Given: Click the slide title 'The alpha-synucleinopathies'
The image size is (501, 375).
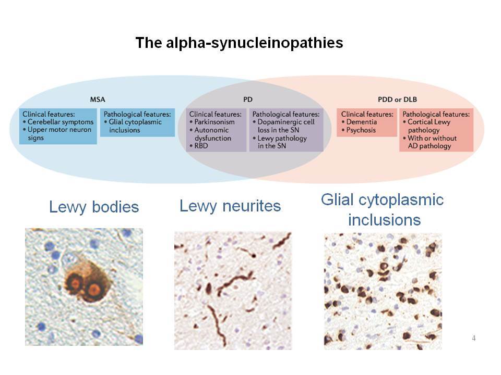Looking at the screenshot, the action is [x=239, y=43].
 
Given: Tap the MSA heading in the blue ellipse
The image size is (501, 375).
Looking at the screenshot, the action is [x=98, y=99].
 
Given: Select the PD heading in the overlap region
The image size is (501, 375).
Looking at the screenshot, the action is [x=248, y=99].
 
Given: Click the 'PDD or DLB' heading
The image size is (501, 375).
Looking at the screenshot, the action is [x=398, y=99].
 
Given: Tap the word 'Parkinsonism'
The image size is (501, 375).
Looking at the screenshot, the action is [x=214, y=122].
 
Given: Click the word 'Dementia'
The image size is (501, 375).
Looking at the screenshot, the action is [x=361, y=122].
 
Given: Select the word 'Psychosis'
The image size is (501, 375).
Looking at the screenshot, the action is [x=361, y=130].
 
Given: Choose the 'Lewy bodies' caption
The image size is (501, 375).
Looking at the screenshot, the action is [x=94, y=207].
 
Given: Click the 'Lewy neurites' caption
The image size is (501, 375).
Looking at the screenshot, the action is [x=230, y=206].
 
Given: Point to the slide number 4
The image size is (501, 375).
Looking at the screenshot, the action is [x=474, y=338].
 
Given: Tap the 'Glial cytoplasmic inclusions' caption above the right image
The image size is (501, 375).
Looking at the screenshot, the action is [x=383, y=210].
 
